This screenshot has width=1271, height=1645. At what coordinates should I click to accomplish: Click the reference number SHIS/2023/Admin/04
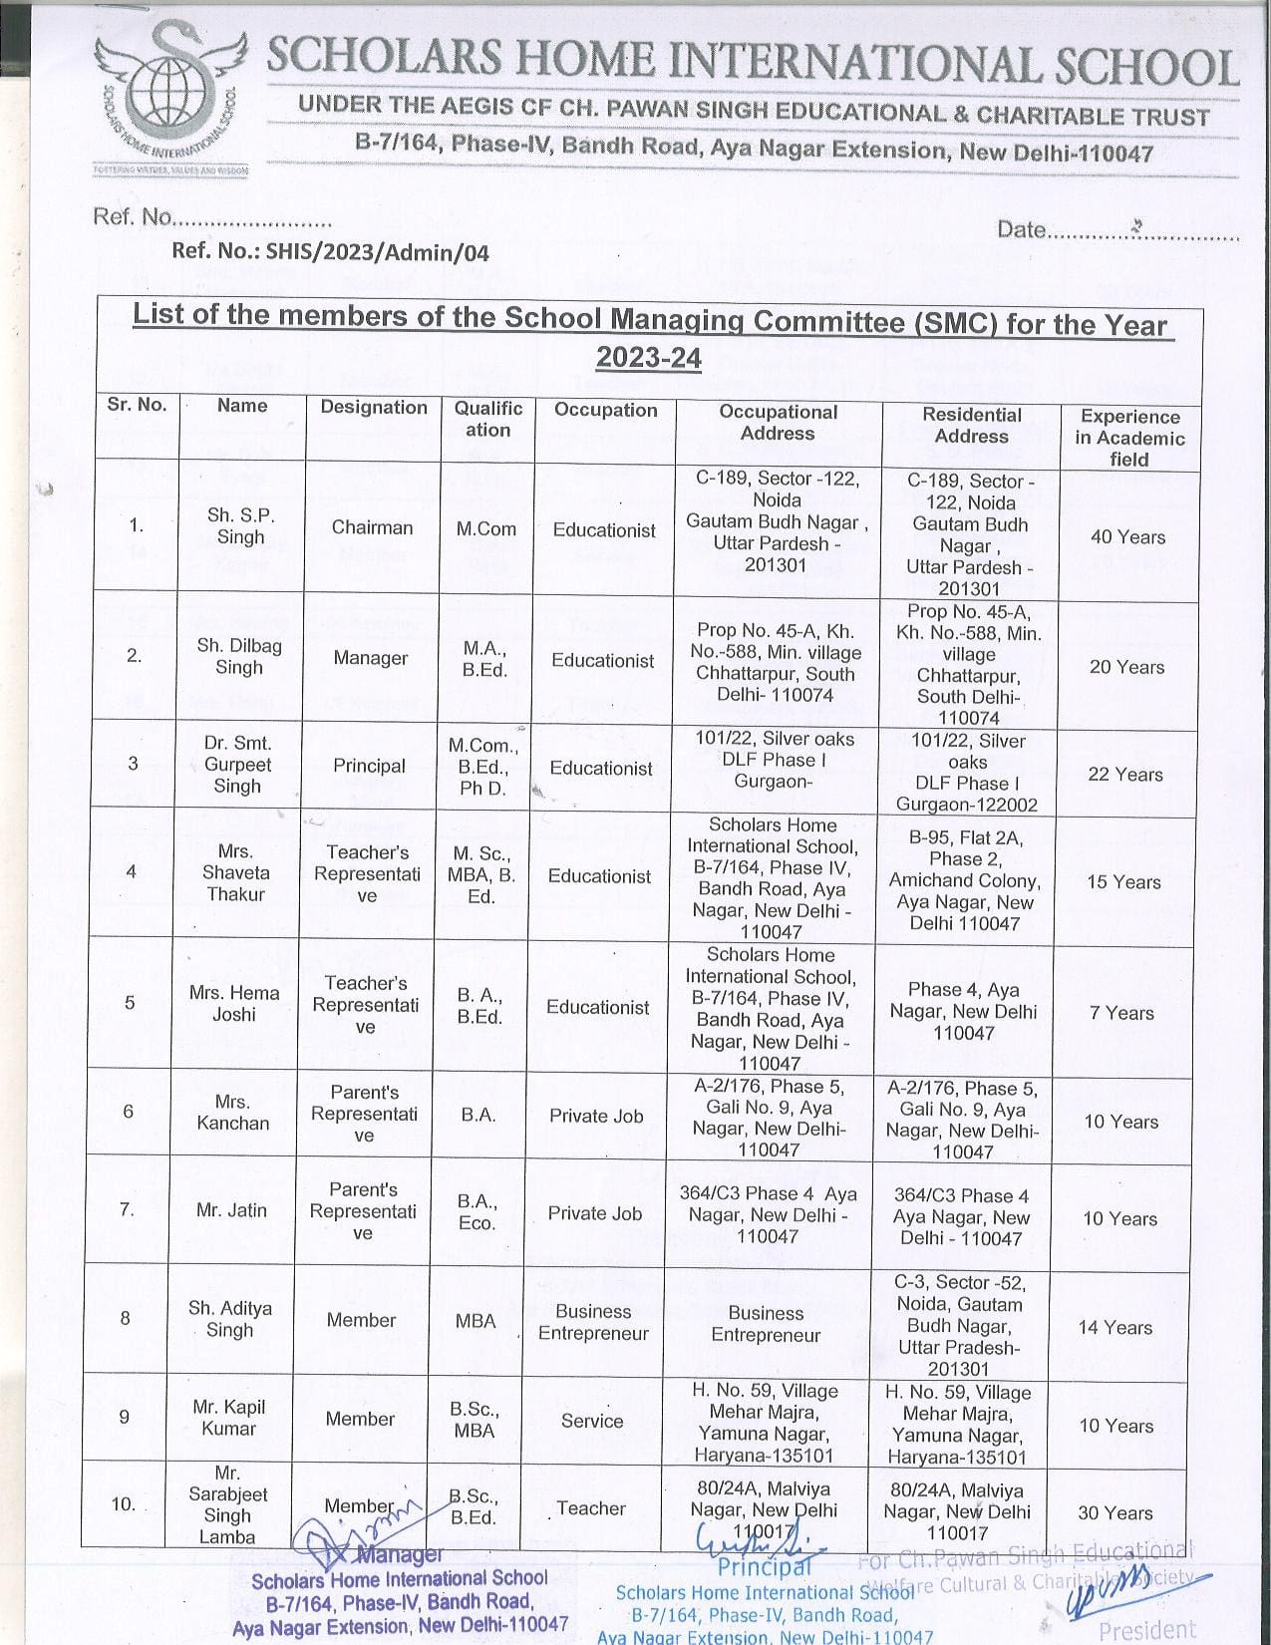[330, 252]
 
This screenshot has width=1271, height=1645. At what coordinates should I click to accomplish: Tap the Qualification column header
[487, 420]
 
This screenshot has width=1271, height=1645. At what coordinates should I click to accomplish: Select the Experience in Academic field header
[1128, 438]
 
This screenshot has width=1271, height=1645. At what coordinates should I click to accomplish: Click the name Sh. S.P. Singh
[241, 526]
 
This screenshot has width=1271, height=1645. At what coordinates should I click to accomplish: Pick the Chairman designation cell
[372, 527]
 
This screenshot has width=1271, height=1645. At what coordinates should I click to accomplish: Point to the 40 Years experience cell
[1127, 537]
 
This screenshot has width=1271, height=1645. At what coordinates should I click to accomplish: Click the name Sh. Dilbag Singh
[239, 657]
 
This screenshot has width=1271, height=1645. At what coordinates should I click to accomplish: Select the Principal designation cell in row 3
[369, 766]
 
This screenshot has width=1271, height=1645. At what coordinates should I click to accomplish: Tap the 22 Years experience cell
[1125, 775]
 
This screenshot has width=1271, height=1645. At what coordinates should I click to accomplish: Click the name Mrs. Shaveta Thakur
[235, 872]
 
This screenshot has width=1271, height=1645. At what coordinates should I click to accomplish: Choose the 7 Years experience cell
[1121, 1013]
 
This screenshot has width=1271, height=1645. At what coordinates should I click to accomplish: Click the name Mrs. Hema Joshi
[233, 1003]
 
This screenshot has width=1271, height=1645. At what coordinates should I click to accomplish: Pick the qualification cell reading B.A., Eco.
[477, 1212]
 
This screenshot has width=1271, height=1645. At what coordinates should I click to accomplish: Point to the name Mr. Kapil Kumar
[229, 1418]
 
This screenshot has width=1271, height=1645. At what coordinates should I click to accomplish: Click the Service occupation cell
[591, 1421]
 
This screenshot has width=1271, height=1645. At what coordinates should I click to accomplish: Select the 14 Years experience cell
[1114, 1328]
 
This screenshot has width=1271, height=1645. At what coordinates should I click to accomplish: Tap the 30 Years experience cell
[1114, 1512]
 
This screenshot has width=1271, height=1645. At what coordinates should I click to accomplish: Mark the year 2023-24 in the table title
[648, 358]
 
